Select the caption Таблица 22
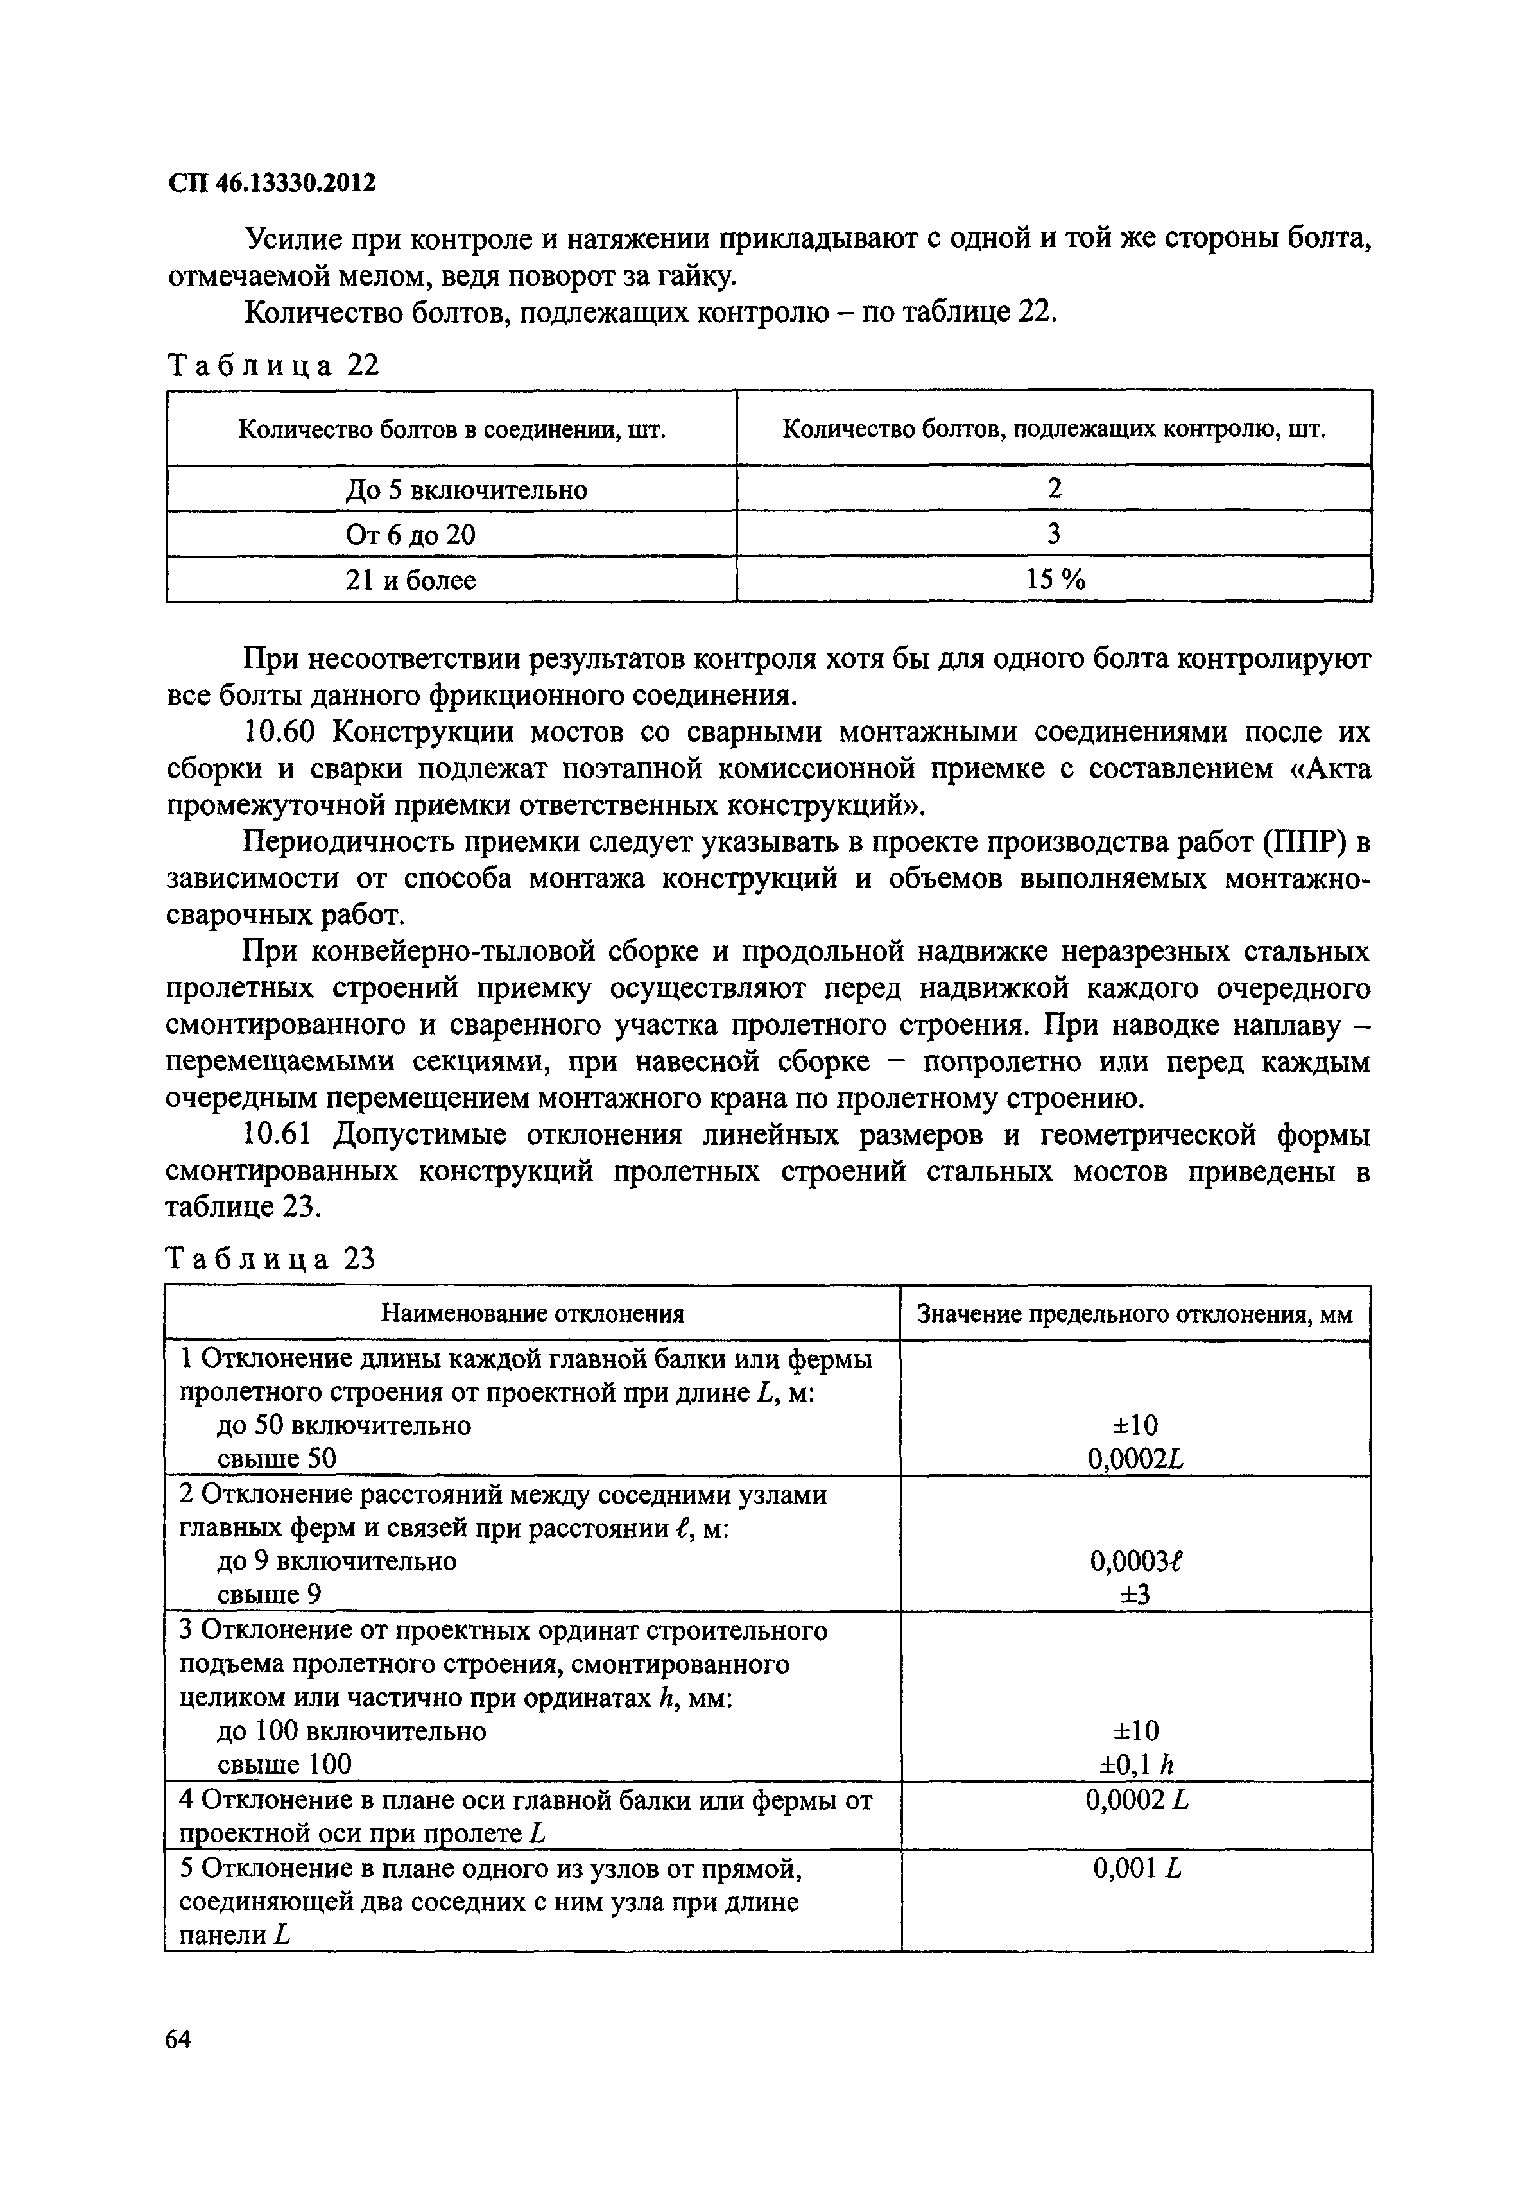[x=273, y=366]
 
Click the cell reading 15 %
[x=1055, y=580]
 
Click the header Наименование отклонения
[x=532, y=1314]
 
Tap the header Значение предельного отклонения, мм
[x=1135, y=1314]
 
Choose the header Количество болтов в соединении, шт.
[x=451, y=430]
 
